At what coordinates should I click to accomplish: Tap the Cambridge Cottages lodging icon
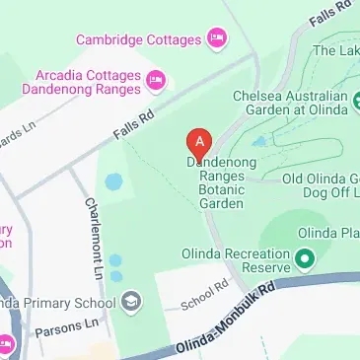[216, 39]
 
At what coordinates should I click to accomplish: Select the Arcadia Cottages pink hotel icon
[157, 79]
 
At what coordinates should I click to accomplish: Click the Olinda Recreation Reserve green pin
[304, 261]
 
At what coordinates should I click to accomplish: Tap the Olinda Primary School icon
[133, 300]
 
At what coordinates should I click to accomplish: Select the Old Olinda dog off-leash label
[321, 186]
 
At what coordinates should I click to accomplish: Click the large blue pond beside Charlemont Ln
[114, 182]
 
